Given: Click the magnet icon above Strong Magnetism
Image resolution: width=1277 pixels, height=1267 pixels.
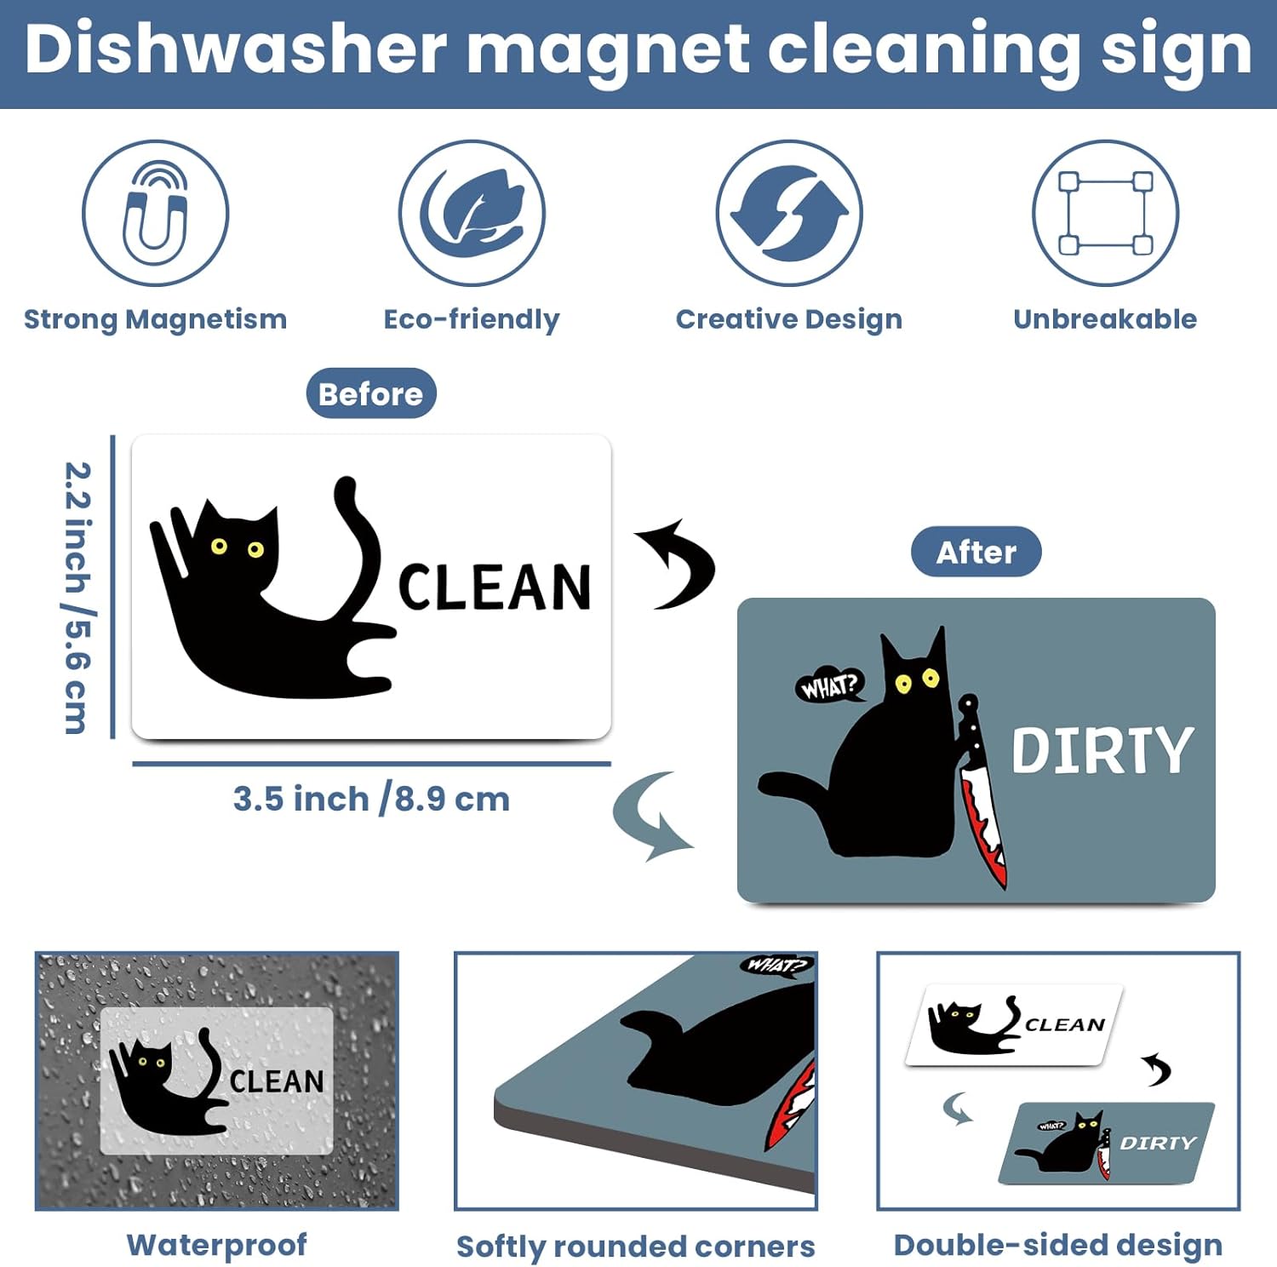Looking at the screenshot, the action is click(x=155, y=213).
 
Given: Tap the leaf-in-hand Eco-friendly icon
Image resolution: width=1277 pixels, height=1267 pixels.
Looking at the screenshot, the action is click(x=472, y=213).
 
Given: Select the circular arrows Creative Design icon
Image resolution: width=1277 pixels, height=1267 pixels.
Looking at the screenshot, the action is click(x=789, y=213).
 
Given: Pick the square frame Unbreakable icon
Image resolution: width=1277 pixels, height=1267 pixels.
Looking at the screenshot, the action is click(x=1106, y=213).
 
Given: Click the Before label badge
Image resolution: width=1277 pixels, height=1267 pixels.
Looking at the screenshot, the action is click(x=371, y=393).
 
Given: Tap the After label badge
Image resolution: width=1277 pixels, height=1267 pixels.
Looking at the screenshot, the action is click(x=976, y=552).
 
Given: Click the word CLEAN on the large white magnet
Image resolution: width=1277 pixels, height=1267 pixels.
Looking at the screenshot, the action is click(x=495, y=587).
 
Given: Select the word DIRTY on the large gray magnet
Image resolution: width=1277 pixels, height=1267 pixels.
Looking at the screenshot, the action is click(x=1102, y=750).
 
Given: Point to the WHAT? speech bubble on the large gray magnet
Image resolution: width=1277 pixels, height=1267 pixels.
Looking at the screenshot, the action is click(x=830, y=685).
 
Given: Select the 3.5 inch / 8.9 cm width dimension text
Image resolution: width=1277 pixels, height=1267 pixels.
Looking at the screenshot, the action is click(x=371, y=800).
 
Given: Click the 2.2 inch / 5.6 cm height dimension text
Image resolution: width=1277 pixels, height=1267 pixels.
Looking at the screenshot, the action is click(x=78, y=598).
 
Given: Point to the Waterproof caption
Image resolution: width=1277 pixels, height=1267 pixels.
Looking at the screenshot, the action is click(x=217, y=1245).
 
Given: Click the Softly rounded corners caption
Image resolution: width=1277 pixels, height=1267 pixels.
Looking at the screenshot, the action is click(x=636, y=1247).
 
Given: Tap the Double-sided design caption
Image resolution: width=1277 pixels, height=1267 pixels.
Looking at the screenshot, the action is click(x=1058, y=1246).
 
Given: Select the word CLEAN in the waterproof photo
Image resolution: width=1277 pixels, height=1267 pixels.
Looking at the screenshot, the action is click(x=278, y=1081).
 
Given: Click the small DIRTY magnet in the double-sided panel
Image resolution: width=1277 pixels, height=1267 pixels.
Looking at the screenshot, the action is click(x=1107, y=1143).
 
